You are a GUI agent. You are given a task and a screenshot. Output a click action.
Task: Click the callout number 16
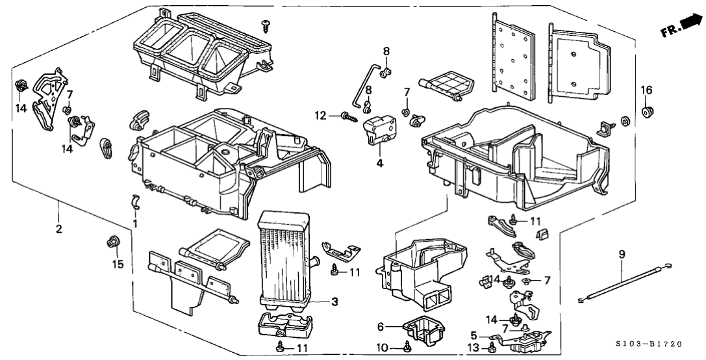click(646, 90)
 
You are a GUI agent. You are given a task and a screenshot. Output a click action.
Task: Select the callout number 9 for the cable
click(621, 255)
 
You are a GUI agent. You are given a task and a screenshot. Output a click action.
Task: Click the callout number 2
click(58, 229)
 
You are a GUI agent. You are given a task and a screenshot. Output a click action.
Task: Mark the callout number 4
click(379, 164)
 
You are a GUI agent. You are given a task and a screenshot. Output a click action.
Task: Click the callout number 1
click(135, 224)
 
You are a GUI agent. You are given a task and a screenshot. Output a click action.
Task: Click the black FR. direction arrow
click(690, 23)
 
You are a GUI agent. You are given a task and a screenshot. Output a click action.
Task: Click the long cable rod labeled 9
click(624, 282)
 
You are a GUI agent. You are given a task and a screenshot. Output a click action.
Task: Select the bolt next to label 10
click(407, 346)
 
